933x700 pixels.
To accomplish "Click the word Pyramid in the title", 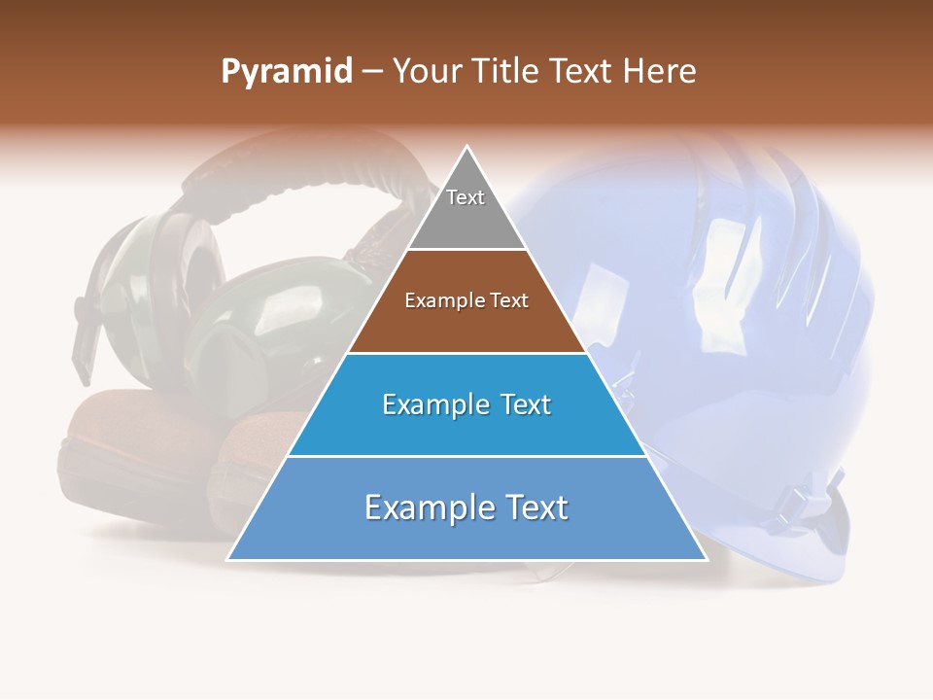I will tap(286, 72).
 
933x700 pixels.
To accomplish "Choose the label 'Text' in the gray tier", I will tap(466, 197).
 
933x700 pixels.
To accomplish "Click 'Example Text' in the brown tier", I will tap(466, 300).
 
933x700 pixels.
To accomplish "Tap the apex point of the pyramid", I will tap(467, 147).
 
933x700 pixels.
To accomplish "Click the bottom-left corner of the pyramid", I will tap(227, 560).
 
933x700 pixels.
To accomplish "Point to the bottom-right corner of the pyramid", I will tap(707, 560).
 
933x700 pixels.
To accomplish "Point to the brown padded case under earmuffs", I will tap(136, 457).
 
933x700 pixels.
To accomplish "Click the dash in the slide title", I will tap(371, 72).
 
